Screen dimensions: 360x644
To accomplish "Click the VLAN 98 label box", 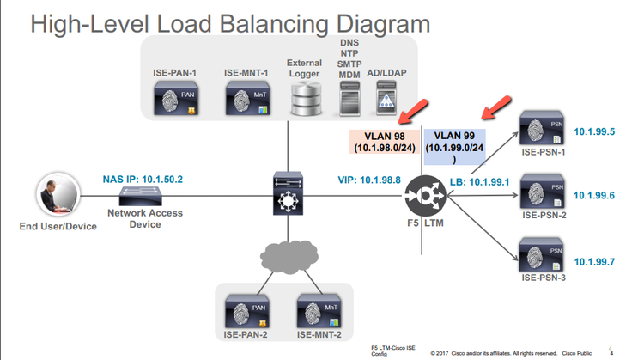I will (x=385, y=142).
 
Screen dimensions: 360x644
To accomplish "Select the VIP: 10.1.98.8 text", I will (x=368, y=180).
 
